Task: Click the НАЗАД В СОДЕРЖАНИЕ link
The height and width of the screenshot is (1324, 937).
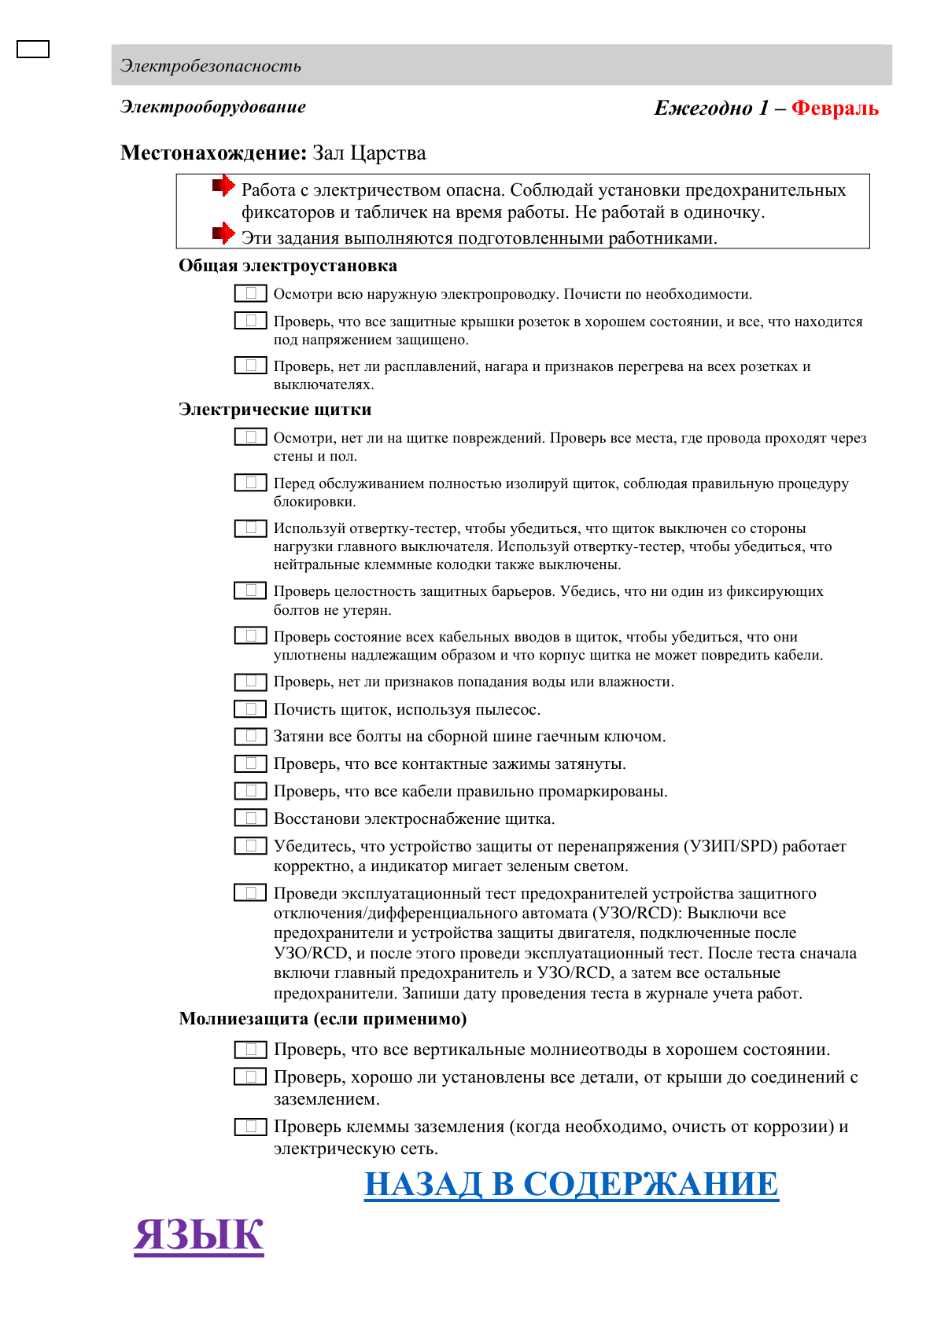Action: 571,1184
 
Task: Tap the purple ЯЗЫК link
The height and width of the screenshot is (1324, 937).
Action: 198,1234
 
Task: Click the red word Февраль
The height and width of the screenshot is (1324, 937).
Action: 835,108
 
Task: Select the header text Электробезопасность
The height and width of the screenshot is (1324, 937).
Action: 211,66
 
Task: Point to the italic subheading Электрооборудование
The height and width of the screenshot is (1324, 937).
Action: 213,107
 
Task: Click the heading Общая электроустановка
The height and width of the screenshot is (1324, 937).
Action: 288,266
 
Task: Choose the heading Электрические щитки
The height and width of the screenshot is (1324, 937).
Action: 275,410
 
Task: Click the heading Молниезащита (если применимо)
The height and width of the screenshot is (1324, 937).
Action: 323,1019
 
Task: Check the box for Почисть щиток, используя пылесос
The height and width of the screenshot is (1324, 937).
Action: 250,709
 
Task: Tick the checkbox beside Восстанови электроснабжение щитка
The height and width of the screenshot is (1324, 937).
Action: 250,818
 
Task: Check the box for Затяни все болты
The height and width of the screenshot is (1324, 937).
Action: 250,736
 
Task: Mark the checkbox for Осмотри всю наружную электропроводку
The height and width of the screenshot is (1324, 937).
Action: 250,293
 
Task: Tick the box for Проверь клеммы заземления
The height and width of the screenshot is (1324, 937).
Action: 250,1127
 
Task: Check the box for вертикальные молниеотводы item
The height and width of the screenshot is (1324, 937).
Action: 250,1050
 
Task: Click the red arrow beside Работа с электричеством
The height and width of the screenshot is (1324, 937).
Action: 223,186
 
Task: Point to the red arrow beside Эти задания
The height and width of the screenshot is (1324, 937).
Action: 223,234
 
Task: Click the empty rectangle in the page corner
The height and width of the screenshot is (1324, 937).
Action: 33,50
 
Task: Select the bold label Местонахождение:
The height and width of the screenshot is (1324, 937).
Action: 212,153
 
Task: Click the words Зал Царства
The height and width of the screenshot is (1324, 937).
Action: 369,153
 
